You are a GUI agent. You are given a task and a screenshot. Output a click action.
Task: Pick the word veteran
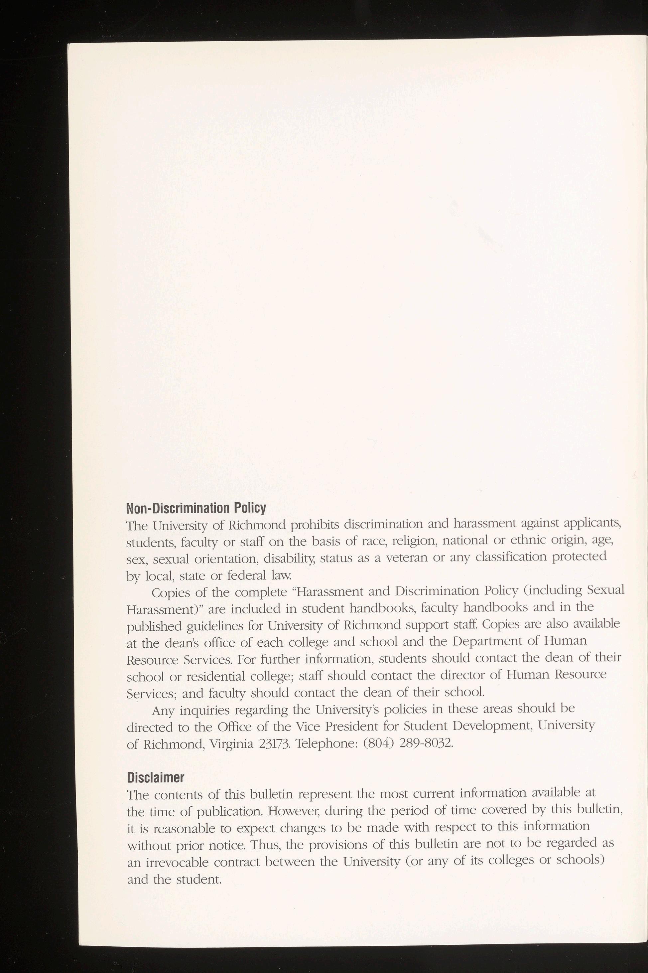click(407, 558)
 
